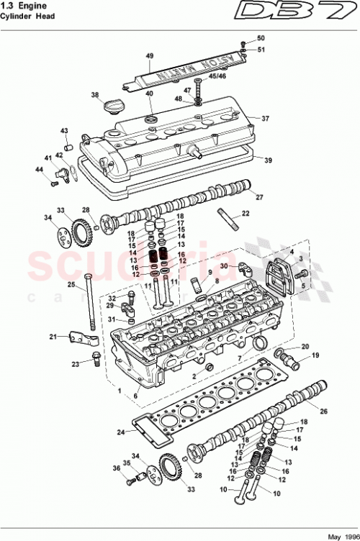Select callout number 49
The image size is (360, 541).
(x=150, y=55)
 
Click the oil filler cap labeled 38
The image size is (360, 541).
(x=112, y=107)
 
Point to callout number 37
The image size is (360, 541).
(x=265, y=119)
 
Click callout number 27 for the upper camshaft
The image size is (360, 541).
(x=259, y=196)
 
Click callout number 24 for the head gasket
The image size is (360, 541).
(x=122, y=432)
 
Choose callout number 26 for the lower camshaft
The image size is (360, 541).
(x=323, y=412)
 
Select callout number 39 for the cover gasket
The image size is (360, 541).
(x=268, y=160)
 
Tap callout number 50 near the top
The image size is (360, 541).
(x=261, y=37)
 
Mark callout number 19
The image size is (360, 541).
(x=314, y=356)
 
